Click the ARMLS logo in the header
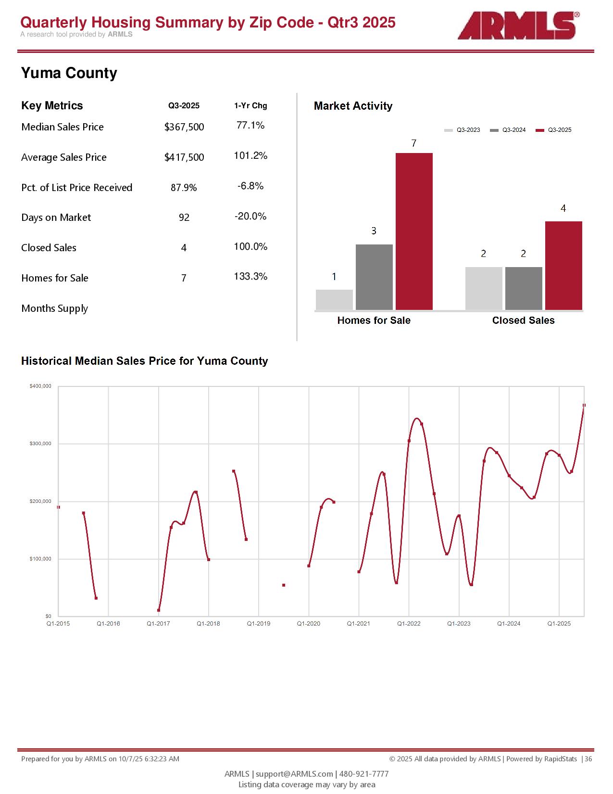coord(517,26)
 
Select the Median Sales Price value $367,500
coord(184,127)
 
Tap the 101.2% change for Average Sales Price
coord(250,156)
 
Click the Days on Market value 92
coord(184,218)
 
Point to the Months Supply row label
coord(55,308)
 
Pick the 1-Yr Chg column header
coord(250,106)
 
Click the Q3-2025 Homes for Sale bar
coord(414,231)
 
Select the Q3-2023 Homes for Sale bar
coord(334,300)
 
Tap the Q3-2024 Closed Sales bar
coord(524,288)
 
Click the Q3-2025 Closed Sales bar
coord(563,266)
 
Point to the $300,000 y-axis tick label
coord(40,444)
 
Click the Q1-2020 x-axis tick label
coord(309,624)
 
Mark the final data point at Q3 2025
coord(584,406)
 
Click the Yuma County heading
coord(69,73)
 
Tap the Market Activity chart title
coord(353,106)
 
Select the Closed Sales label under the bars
coord(523,320)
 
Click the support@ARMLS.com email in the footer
coord(294,774)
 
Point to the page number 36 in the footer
coord(588,759)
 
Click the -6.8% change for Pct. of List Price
coord(250,186)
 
